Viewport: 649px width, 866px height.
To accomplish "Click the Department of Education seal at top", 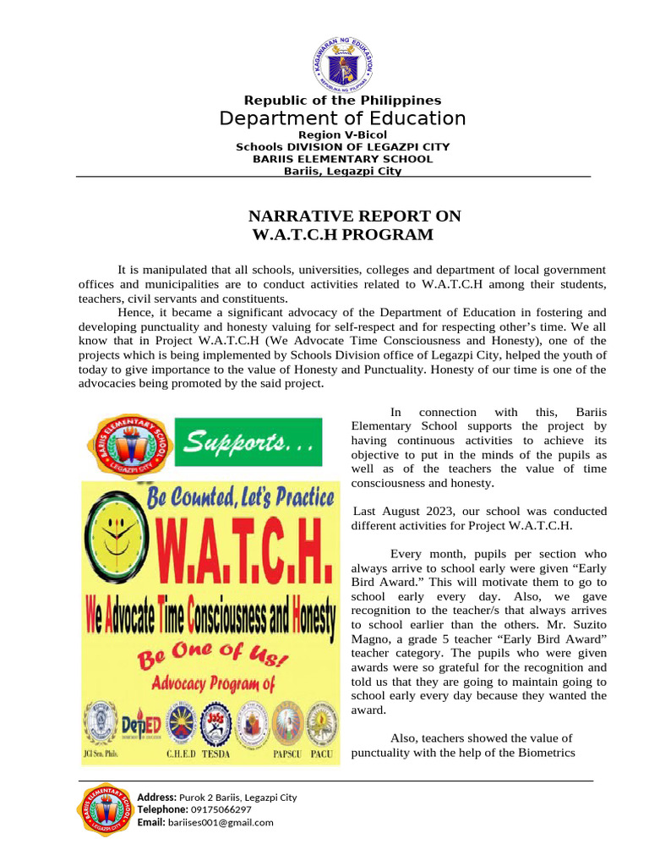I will [342, 64].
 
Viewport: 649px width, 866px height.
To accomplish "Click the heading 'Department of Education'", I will [342, 118].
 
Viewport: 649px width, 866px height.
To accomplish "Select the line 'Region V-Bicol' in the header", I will [342, 135].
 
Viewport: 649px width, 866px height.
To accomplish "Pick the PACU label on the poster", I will [320, 753].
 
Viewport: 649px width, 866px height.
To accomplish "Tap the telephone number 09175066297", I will [215, 809].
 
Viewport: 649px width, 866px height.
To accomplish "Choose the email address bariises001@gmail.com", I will [221, 822].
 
